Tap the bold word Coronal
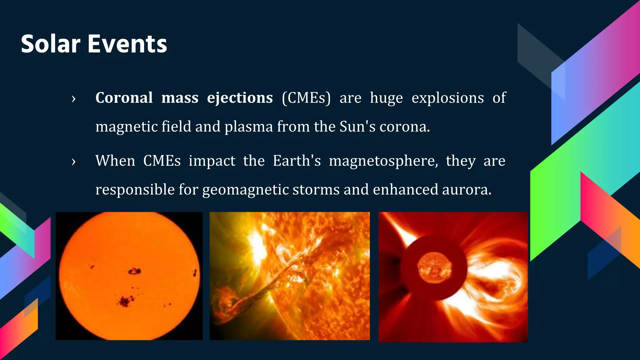124,98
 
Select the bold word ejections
240,98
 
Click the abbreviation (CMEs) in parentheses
306,98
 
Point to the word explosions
447,98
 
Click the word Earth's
297,161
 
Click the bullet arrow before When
73,162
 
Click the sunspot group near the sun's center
135,271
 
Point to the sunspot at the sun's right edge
195,273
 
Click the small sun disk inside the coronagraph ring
434,268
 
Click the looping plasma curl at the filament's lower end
226,304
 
